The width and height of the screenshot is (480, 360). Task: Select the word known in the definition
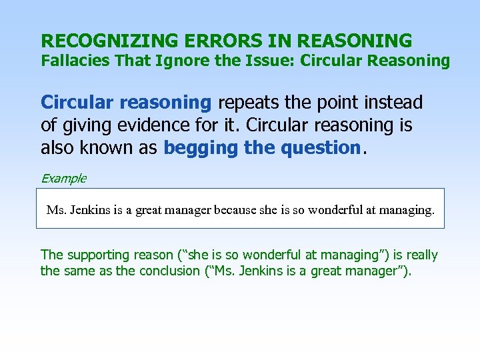[115, 147]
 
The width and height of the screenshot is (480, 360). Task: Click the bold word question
[320, 147]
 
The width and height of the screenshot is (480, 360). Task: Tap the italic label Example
[63, 178]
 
